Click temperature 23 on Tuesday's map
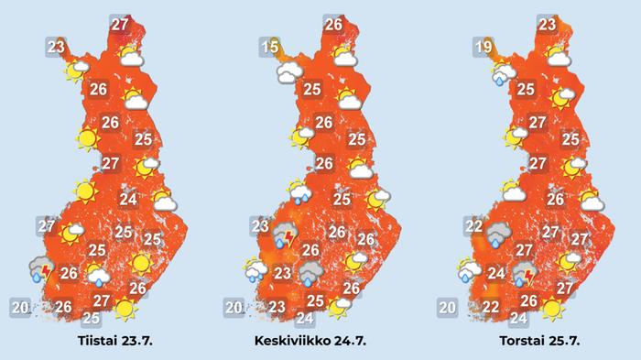[x=57, y=47]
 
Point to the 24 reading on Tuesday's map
[x=128, y=200]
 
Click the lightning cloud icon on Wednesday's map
[x=287, y=238]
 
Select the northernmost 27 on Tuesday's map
[x=119, y=26]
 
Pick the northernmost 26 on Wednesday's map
[x=334, y=26]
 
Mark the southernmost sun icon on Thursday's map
[x=551, y=310]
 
